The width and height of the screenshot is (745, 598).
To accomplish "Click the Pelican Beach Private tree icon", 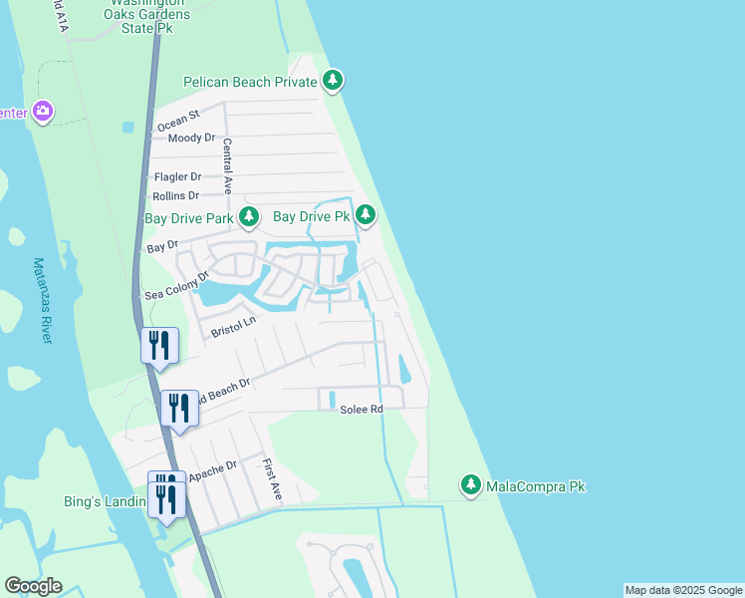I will tap(333, 81).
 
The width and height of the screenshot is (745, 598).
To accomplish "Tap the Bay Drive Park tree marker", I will tap(248, 216).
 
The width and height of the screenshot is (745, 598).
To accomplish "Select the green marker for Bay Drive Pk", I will tap(366, 215).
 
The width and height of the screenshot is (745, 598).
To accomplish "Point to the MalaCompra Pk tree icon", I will tap(470, 486).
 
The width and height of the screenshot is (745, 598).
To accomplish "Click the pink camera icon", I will tap(42, 111).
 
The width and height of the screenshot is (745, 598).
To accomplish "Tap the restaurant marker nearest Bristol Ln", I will tap(159, 346).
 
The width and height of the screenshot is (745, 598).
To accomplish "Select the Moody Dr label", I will tap(191, 138).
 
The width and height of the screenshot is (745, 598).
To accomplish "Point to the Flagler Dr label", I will tap(177, 176).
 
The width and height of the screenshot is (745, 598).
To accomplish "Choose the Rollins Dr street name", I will tap(175, 195).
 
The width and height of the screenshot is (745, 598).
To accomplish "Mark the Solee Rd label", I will tap(362, 410).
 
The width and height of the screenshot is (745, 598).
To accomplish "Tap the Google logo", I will tap(33, 586).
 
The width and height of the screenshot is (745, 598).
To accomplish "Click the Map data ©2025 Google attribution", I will tap(683, 590).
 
